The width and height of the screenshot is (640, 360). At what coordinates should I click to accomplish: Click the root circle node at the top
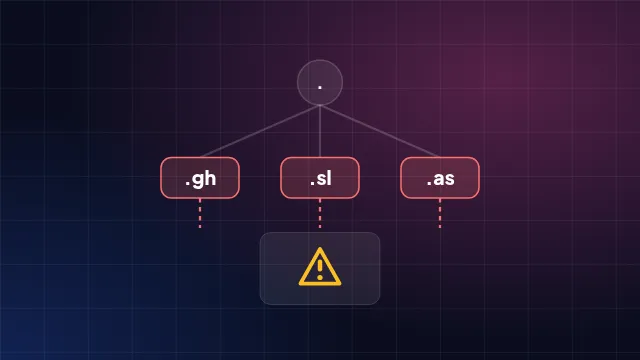click(x=320, y=82)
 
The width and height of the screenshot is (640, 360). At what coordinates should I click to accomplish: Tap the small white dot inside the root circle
click(x=320, y=87)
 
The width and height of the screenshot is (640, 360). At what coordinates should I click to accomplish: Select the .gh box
click(x=200, y=178)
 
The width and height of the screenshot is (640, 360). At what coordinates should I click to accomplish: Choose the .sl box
click(x=320, y=178)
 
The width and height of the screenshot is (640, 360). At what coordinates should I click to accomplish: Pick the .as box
click(x=440, y=178)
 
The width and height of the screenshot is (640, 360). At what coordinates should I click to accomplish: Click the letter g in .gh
click(x=198, y=180)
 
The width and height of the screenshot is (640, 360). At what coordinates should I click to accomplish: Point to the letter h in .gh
click(x=211, y=178)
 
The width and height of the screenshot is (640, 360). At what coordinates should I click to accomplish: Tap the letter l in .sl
click(x=329, y=178)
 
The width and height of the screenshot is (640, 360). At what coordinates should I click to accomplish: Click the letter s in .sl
click(x=320, y=179)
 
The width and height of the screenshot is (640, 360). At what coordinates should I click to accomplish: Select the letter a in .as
click(x=438, y=179)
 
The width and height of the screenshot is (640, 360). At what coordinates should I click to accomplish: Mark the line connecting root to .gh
click(x=260, y=131)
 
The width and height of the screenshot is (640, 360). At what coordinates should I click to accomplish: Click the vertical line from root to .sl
click(x=320, y=131)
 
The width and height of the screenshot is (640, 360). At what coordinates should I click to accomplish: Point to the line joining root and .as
click(x=380, y=131)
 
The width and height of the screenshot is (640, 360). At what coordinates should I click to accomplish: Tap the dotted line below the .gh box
click(x=200, y=213)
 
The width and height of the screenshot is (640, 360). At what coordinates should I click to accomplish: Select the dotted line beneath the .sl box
click(x=320, y=213)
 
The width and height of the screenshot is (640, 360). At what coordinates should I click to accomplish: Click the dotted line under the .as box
click(x=440, y=213)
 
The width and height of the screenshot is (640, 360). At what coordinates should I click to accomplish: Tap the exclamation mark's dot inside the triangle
click(x=320, y=278)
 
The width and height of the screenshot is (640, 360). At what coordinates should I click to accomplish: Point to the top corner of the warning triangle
click(x=320, y=248)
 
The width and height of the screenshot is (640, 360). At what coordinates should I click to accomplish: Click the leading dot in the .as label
click(x=429, y=184)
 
